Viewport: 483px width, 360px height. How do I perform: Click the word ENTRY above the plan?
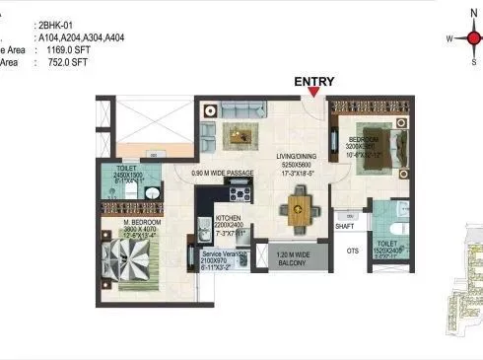pyautogui.click(x=314, y=82)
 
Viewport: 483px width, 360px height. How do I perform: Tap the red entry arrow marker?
pyautogui.click(x=313, y=94)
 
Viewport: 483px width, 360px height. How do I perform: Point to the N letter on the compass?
pyautogui.click(x=474, y=12)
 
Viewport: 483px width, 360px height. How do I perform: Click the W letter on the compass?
pyautogui.click(x=449, y=38)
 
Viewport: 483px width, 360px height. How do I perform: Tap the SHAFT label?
pyautogui.click(x=344, y=226)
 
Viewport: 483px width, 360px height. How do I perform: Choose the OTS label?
pyautogui.click(x=352, y=250)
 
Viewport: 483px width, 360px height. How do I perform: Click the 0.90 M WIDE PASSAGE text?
pyautogui.click(x=230, y=174)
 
